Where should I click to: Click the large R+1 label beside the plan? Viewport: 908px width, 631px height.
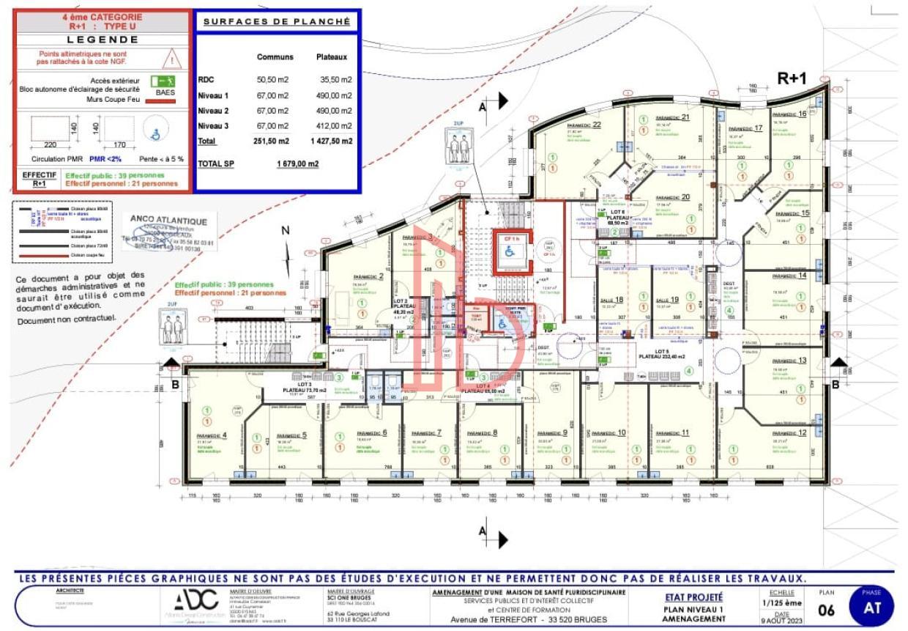[x=792, y=79]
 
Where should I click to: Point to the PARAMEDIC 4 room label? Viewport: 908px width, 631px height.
[x=212, y=435]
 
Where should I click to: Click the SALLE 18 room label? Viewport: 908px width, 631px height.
[x=612, y=300]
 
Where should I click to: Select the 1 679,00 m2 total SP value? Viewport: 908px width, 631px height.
[x=297, y=164]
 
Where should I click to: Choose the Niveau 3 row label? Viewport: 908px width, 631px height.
[x=213, y=126]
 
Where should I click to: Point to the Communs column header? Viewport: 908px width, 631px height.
[x=275, y=56]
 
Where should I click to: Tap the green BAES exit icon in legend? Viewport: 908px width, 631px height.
[x=162, y=81]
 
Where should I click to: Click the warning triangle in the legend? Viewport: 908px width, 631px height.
[x=171, y=58]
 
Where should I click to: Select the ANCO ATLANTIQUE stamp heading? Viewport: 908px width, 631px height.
[x=163, y=218]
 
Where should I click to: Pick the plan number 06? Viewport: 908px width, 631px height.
[x=825, y=610]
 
